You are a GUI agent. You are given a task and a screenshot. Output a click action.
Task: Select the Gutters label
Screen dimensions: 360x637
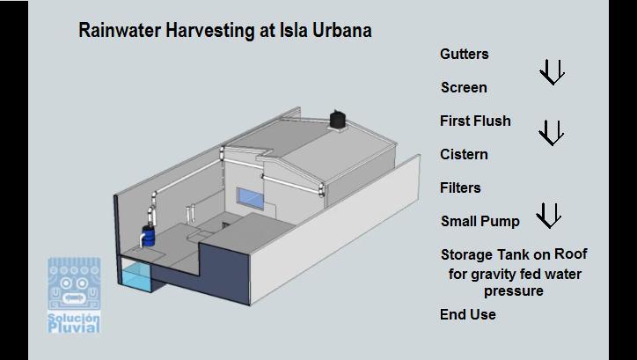464,55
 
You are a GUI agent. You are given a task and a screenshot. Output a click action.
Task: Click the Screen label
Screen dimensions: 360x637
463,88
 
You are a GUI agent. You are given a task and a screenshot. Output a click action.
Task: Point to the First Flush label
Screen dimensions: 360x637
475,121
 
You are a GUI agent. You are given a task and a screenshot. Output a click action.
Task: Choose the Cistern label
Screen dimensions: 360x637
464,155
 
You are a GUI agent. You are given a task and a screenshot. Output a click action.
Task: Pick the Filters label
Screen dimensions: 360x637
460,188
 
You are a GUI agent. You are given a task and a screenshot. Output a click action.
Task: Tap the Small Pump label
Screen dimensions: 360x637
480,222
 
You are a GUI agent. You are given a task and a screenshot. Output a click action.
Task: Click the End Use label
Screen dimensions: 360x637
467,315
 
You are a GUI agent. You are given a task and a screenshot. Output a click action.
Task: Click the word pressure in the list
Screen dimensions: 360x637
514,291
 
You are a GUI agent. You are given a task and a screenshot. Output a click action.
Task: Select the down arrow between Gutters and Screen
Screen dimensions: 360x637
551,72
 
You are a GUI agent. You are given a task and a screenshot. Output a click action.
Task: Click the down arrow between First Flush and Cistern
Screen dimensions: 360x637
551,133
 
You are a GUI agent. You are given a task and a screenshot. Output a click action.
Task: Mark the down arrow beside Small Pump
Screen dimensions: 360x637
548,215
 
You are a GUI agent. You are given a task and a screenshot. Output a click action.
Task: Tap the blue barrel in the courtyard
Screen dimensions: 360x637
150,235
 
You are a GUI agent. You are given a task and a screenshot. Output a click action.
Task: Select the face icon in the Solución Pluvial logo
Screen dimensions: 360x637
74,285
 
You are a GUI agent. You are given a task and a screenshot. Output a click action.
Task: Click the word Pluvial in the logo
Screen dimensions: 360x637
74,327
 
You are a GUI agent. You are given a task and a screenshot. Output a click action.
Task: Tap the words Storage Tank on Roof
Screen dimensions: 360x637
513,255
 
